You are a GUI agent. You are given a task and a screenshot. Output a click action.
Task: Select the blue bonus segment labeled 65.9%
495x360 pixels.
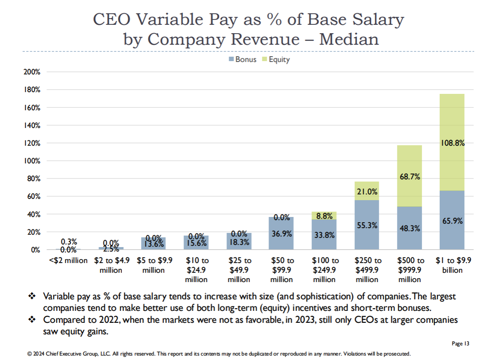(452, 220)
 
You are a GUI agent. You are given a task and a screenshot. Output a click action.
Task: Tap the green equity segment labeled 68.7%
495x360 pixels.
(409, 176)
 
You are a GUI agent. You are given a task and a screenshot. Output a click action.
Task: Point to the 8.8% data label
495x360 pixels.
(324, 216)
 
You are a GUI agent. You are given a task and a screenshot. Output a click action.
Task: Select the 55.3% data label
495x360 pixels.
(366, 225)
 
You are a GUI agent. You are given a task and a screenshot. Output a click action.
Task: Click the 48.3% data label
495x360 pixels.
(409, 228)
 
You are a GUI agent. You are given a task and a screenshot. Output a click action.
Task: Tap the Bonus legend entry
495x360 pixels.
(242, 59)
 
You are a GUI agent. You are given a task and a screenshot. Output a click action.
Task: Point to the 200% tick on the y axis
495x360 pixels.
(32, 72)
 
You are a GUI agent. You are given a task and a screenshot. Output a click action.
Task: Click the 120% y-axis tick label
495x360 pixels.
(32, 143)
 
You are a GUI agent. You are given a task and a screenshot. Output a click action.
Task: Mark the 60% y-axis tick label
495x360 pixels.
(34, 196)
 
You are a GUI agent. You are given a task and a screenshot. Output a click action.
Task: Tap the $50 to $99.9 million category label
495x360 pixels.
(281, 270)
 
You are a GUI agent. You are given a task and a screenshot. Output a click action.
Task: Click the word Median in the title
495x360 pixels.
(349, 39)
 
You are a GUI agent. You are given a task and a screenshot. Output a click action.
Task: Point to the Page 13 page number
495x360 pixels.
(460, 343)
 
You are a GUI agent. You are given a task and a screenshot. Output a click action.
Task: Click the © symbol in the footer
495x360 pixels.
(29, 354)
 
